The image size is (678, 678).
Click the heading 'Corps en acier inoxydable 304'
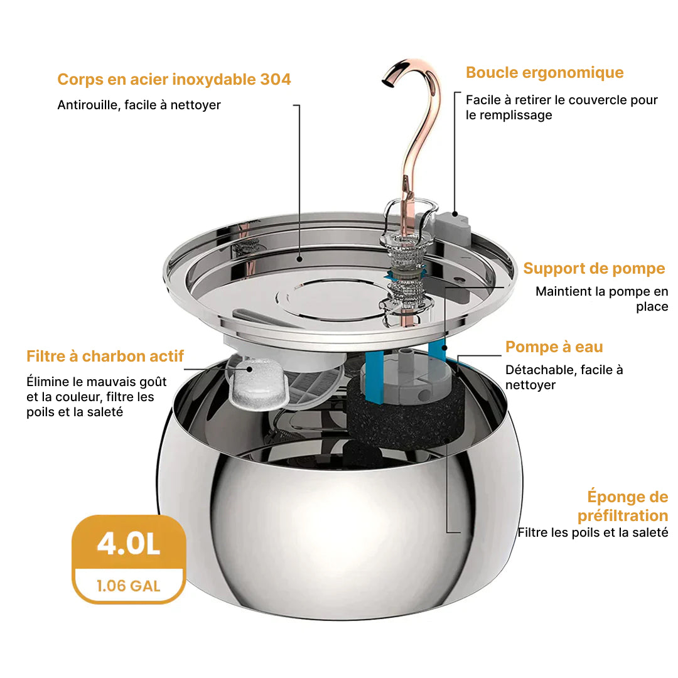tap(174, 80)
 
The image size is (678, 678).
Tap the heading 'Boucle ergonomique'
tap(544, 73)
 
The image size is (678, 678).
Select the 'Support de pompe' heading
tap(594, 269)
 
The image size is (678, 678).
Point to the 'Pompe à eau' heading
tap(554, 347)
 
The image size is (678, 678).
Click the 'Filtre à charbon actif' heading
tap(105, 357)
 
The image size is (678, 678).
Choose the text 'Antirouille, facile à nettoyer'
tap(139, 105)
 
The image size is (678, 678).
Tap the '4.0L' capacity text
tap(129, 544)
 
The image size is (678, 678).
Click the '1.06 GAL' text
tap(129, 586)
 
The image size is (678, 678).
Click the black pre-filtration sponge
tap(406, 419)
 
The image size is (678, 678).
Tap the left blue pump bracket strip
tap(374, 376)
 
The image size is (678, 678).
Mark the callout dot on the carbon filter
tap(249, 369)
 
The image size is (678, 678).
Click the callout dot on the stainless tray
tap(299, 259)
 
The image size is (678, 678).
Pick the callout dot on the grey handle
tap(455, 213)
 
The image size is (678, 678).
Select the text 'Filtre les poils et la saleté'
tap(593, 532)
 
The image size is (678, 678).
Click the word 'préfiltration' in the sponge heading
tap(623, 515)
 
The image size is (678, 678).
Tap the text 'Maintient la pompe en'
tap(602, 291)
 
